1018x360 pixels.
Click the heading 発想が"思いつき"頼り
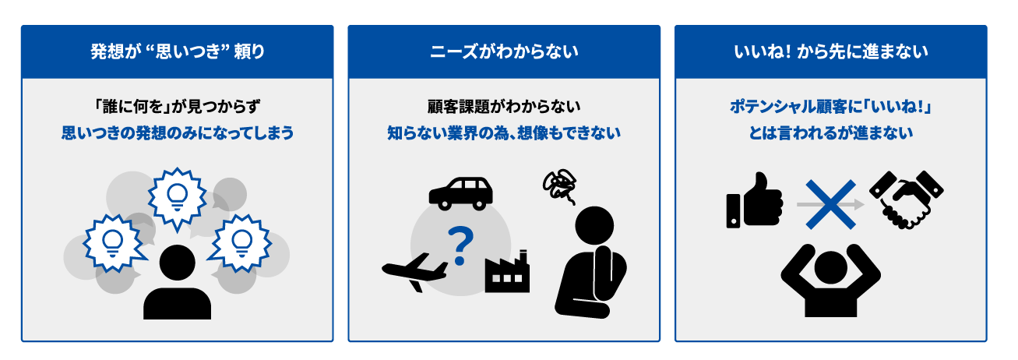tap(178, 51)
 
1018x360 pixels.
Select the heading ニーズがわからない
tap(504, 51)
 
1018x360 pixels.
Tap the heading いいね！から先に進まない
tap(831, 51)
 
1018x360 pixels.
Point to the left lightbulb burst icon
tap(114, 243)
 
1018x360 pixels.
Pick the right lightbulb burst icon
tap(241, 243)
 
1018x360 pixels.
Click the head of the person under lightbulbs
tap(178, 263)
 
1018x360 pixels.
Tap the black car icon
tap(461, 193)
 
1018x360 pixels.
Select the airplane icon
tap(414, 272)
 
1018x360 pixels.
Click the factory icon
tap(507, 271)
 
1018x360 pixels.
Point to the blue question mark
tap(460, 246)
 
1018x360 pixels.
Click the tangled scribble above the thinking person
tap(560, 186)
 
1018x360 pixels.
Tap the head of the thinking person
tap(594, 225)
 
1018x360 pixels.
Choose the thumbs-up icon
tap(755, 200)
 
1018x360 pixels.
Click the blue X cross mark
tap(831, 204)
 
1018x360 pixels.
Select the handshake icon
tap(906, 199)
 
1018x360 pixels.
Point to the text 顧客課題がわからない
tap(504, 107)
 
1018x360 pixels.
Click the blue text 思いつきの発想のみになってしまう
tap(178, 133)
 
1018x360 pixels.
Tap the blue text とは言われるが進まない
tap(831, 133)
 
